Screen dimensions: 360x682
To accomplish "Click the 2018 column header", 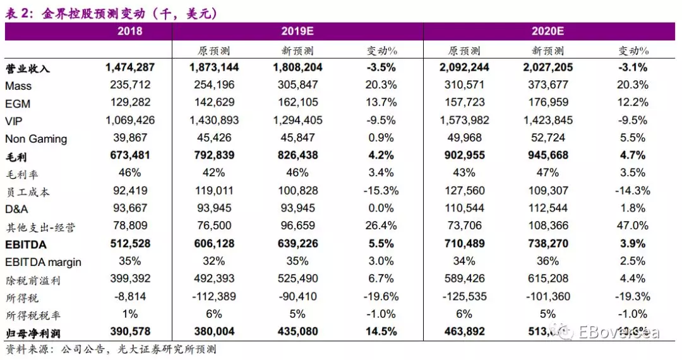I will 130,31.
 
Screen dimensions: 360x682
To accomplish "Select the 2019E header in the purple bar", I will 297,31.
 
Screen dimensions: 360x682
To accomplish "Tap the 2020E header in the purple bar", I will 547,31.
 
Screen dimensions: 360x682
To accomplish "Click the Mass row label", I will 18,86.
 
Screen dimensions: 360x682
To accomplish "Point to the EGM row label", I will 18,104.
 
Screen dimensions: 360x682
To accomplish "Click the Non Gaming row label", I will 36,139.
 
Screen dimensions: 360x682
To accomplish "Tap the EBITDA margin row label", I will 43,262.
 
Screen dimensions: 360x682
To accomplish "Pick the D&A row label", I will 17,209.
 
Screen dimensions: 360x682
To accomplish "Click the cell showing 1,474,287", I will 129,68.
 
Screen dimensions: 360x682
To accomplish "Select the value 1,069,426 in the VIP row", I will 129,121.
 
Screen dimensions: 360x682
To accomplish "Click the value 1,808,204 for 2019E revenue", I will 297,68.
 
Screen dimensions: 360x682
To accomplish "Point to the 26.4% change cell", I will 381,226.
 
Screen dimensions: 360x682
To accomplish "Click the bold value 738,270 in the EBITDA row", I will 547,244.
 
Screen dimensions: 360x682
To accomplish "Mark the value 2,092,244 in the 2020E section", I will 464,68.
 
